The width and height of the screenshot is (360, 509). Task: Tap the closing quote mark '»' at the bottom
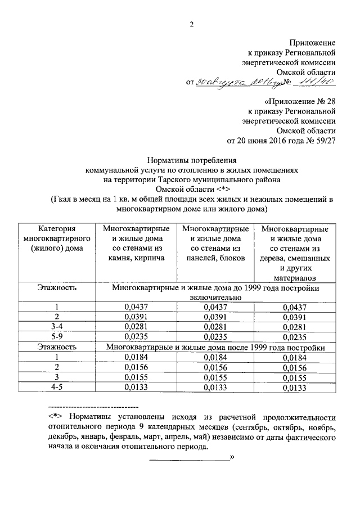(x=232, y=458)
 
